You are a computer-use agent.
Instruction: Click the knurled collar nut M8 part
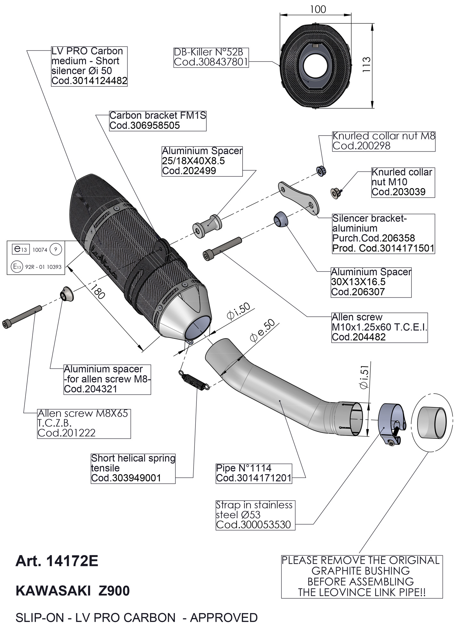point(321,171)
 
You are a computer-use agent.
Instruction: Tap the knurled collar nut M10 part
point(335,193)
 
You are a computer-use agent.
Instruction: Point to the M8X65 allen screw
point(22,317)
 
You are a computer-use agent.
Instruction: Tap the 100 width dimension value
point(318,9)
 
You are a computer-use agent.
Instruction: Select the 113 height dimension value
point(367,64)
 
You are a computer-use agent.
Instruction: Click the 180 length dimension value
point(98,291)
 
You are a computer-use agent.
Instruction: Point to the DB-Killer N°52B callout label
point(211,57)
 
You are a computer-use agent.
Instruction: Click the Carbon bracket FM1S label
point(158,121)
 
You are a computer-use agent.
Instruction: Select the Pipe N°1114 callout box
point(254,473)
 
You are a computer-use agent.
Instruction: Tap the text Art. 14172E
point(57,561)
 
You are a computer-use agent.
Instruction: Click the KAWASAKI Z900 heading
point(73,591)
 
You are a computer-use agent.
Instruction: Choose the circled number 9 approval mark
point(56,250)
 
